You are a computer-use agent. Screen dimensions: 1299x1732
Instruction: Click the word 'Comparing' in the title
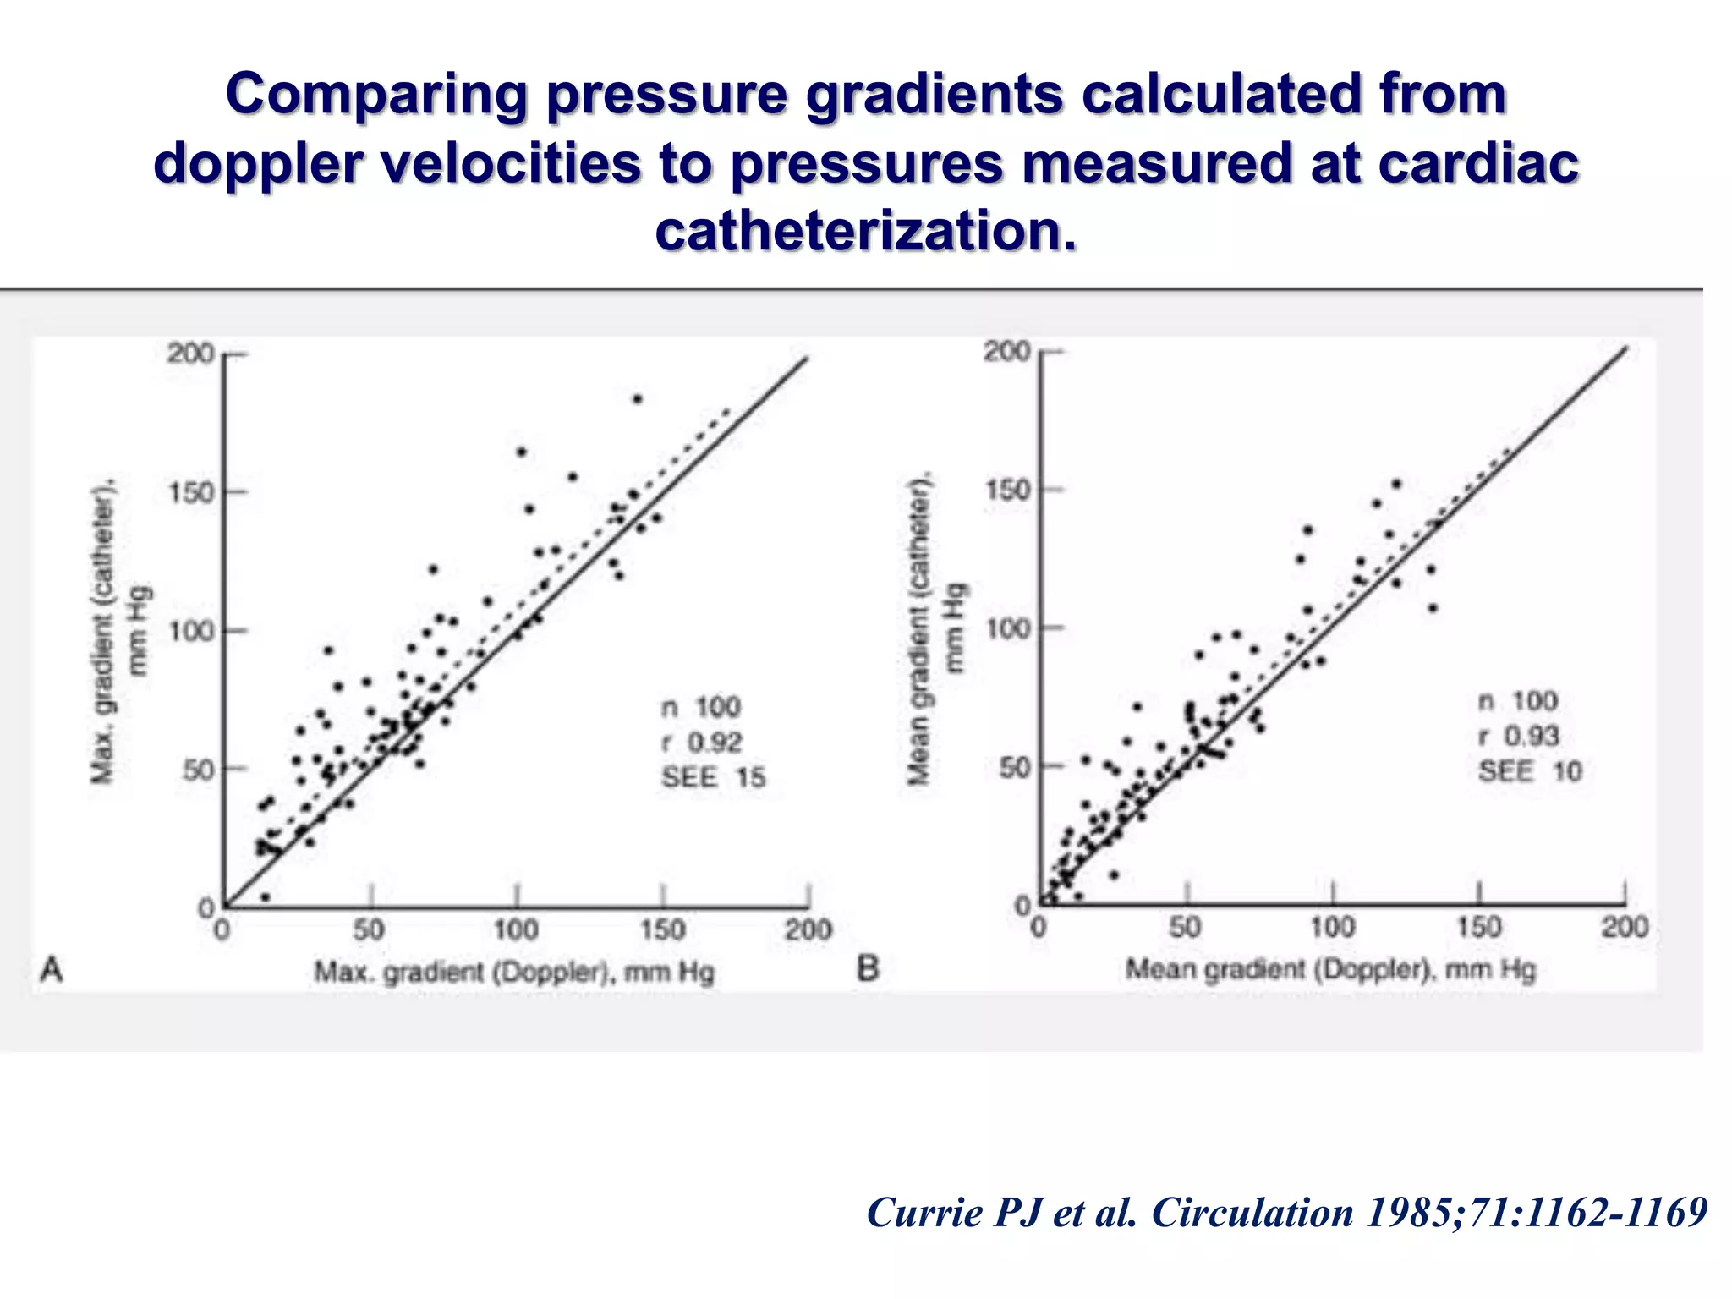(375, 95)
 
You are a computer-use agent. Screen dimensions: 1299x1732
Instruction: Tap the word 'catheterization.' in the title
(866, 231)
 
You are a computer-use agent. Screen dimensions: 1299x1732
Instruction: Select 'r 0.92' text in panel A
(701, 743)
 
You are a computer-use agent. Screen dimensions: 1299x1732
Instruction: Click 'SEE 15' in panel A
(713, 777)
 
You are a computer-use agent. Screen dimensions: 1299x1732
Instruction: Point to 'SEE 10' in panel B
(1529, 771)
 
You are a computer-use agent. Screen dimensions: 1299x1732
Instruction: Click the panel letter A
(52, 969)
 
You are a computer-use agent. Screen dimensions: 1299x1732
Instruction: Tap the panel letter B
(869, 967)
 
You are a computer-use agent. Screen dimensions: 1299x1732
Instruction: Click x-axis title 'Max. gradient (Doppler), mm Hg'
(514, 972)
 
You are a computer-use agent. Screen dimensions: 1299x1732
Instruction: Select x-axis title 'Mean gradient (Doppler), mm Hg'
(1329, 969)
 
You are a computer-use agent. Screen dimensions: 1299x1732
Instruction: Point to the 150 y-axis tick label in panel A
(192, 492)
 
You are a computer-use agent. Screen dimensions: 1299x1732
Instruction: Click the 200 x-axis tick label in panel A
(808, 931)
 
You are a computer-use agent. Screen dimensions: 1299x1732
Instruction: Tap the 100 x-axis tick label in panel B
(1332, 928)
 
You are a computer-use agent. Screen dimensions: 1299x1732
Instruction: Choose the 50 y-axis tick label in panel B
(1014, 767)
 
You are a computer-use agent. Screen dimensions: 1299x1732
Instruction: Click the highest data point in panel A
(638, 399)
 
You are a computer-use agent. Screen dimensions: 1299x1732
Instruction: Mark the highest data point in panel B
(1396, 484)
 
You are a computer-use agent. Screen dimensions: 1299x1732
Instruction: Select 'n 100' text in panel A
(700, 707)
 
